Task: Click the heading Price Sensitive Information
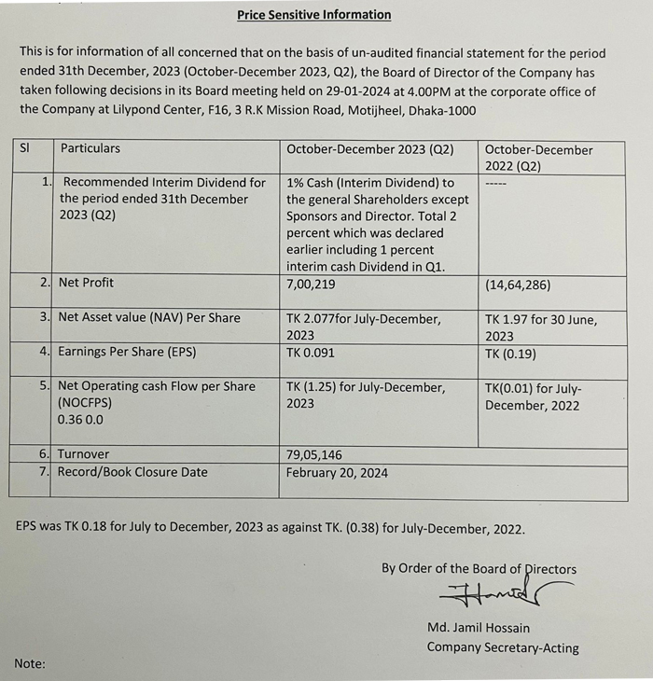pos(313,15)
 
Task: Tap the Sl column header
pos(25,148)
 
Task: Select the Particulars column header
pos(90,148)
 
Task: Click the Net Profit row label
pos(86,282)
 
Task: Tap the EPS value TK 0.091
pos(311,353)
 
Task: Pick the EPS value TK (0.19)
pos(510,353)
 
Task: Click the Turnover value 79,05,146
pos(314,454)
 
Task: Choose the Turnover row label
pos(83,454)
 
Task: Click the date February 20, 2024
pos(337,472)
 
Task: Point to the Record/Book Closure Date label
pos(132,472)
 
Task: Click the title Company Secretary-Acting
pos(503,647)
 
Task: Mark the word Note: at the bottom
pos(30,663)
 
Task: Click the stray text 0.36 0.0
pos(80,420)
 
